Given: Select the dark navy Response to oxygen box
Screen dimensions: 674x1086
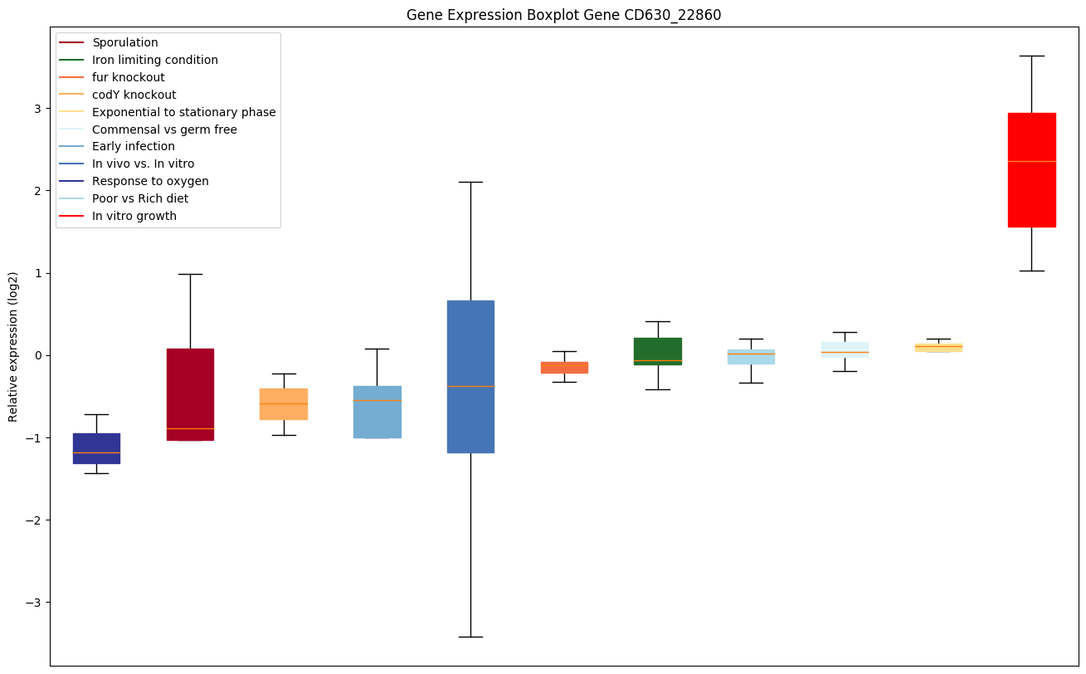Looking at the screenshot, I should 96,448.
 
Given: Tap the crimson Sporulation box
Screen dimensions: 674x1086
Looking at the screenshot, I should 190,394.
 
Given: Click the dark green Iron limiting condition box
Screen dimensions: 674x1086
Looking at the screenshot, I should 658,351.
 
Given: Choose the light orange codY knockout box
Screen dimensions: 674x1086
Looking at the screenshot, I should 284,403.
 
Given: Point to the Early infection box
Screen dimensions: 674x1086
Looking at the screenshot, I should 377,412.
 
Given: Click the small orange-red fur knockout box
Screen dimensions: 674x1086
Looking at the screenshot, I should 564,367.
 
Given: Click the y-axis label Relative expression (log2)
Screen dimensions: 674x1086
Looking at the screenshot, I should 13,347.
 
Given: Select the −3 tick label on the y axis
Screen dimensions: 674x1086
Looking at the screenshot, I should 35,603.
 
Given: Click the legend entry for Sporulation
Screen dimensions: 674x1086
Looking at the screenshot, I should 125,42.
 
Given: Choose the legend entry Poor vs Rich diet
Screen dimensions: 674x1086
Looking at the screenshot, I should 140,198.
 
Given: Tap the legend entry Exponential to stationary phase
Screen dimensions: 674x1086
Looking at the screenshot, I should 184,112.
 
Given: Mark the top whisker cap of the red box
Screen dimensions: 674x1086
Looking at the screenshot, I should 1031,56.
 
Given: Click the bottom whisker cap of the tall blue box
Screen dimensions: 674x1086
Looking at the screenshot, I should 470,637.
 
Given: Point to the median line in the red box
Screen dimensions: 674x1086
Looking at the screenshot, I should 1031,161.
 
